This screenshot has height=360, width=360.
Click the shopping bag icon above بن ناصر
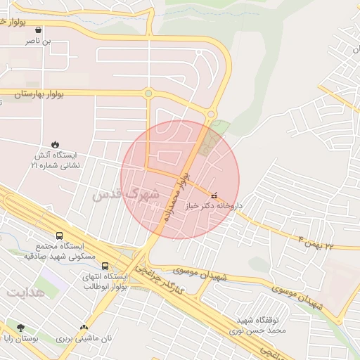[x=37, y=30]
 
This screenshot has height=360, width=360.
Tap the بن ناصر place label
[x=38, y=42]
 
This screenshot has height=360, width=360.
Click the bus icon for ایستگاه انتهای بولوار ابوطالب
[x=105, y=266]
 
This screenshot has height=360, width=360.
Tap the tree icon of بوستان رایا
[x=20, y=328]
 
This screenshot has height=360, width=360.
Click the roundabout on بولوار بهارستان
[x=148, y=94]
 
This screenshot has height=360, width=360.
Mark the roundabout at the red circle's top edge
[x=212, y=115]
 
